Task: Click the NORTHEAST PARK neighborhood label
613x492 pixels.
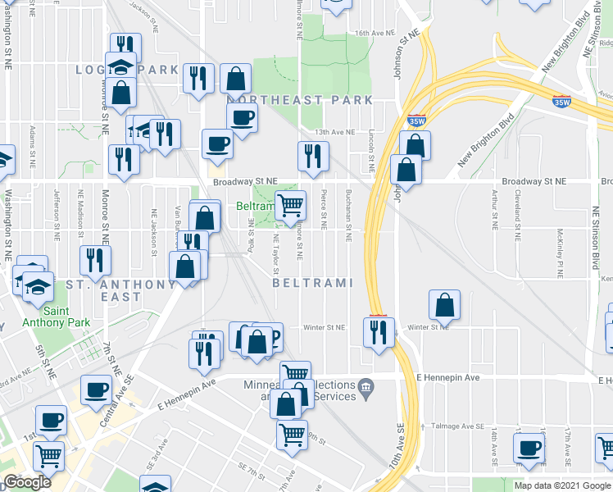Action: (299, 100)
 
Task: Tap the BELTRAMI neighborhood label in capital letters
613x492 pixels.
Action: (312, 283)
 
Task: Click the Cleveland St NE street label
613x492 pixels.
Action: (519, 216)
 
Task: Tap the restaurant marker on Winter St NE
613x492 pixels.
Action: (379, 331)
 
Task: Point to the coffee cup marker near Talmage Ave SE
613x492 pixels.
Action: (529, 447)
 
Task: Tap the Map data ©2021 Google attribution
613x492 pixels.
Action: (562, 485)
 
